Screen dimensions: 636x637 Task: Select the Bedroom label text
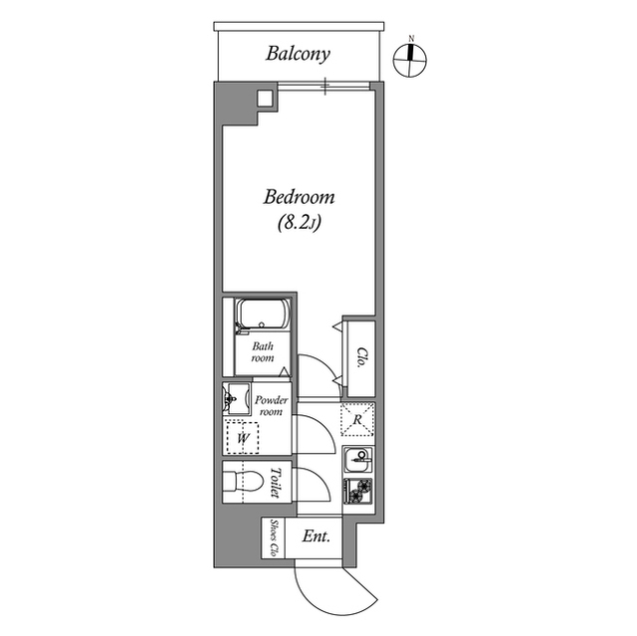point(298,197)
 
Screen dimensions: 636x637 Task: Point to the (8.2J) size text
point(298,225)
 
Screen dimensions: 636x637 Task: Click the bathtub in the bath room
point(262,317)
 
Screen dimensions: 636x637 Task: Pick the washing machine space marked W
point(240,435)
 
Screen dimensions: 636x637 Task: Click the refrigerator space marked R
point(357,419)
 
